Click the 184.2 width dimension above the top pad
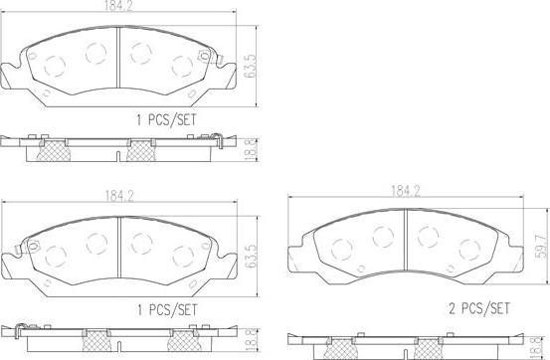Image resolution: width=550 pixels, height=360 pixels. pyautogui.click(x=119, y=9)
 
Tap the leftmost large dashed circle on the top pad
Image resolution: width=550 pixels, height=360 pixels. pyautogui.click(x=56, y=67)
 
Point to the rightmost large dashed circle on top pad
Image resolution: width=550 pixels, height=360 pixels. pyautogui.click(x=182, y=67)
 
